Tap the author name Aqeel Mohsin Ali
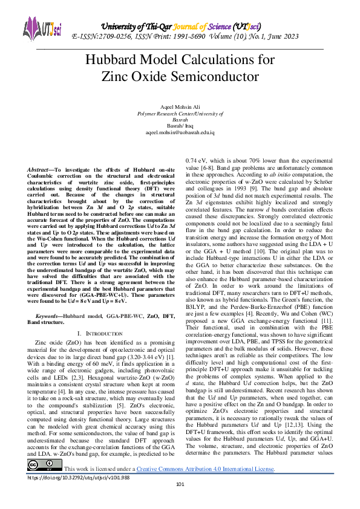pyautogui.click(x=180, y=106)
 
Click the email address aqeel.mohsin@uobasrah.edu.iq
pyautogui.click(x=180, y=131)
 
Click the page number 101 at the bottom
pyautogui.click(x=180, y=501)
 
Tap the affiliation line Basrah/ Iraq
pyautogui.click(x=180, y=125)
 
